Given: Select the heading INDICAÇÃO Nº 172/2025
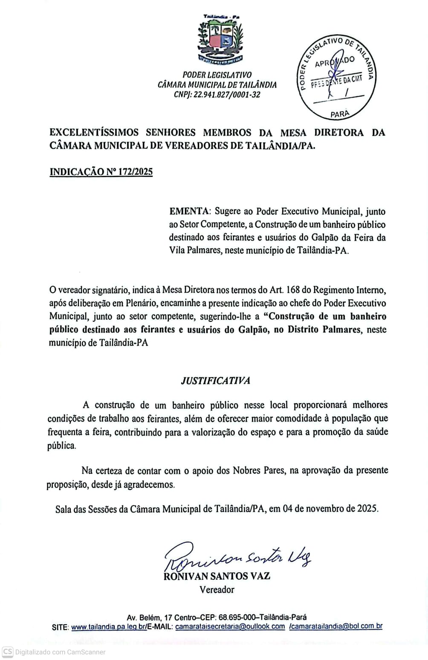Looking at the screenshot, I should click(x=101, y=172).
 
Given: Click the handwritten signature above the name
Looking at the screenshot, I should click(x=237, y=556).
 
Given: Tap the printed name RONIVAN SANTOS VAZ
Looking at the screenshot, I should click(x=217, y=576).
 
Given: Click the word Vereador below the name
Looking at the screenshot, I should click(x=217, y=590).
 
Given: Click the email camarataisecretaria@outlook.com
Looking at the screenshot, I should click(x=230, y=626).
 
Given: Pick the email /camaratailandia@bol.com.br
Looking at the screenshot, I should click(x=335, y=626).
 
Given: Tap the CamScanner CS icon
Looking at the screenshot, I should click(x=7, y=651).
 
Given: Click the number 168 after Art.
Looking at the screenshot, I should click(x=293, y=290).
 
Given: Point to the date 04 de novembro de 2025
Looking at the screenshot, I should click(x=330, y=509).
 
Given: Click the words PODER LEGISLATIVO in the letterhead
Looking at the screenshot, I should click(x=217, y=75).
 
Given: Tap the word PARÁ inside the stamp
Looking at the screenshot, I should click(x=340, y=113).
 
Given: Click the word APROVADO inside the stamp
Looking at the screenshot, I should click(x=335, y=62).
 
